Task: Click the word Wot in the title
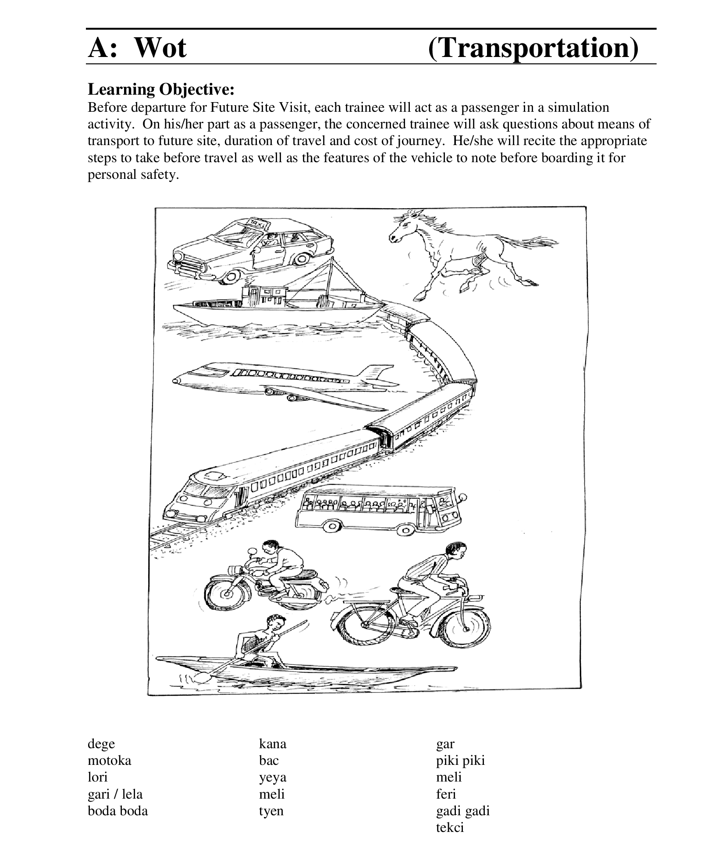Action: [160, 47]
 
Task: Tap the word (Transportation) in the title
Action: [533, 48]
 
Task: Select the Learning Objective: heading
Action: [161, 89]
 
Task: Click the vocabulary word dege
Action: [101, 743]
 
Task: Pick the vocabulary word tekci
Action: [449, 827]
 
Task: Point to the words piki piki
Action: [460, 760]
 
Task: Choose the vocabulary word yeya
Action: [272, 777]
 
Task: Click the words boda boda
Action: [117, 810]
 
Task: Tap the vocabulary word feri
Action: [446, 794]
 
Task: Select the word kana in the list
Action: [272, 743]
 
